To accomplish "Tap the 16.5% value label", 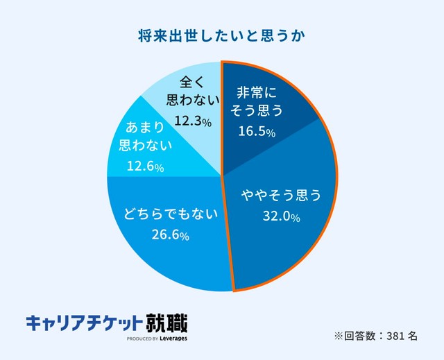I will [257, 132].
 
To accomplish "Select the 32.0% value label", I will [280, 217].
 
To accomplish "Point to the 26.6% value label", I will [170, 236].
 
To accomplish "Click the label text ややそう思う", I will [281, 196].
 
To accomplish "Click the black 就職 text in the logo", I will [166, 323].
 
